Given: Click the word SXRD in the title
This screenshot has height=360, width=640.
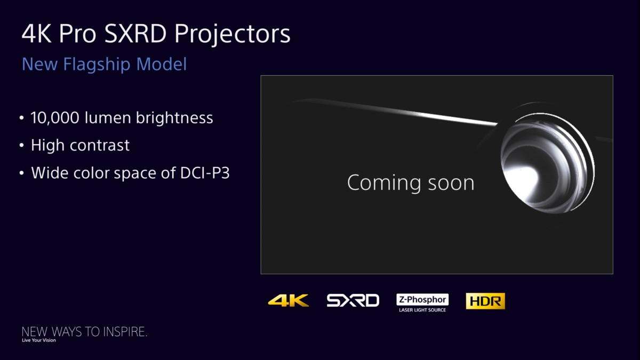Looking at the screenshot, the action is coord(135,34).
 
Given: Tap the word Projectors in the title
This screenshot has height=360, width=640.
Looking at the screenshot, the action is coord(233,35).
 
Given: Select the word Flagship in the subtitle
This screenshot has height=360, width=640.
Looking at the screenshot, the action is coord(97,65).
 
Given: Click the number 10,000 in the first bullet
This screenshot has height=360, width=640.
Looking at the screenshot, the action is coord(55,118).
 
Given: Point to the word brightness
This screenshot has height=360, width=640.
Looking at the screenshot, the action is coord(174,117).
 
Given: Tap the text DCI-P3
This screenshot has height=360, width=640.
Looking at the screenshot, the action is coord(205,173).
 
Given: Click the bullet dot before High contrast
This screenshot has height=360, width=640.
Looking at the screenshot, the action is coord(22,146).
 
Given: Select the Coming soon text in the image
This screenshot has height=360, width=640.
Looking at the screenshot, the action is coord(411,183).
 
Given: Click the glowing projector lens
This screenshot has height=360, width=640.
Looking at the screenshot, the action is coord(547,163).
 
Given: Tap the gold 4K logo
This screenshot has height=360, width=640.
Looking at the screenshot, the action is coord(289,301).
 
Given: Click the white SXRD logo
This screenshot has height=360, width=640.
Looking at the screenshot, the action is coord(353,301).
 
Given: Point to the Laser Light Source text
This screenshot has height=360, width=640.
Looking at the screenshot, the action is coord(422,310).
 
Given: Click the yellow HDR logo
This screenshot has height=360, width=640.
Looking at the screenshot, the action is coord(485,301).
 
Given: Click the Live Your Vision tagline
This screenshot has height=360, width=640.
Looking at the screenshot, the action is coord(39,340).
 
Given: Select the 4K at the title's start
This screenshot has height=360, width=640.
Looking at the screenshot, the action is coord(36,34).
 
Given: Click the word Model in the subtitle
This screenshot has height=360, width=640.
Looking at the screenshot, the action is coord(162,64).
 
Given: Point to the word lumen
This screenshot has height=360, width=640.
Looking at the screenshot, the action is coord(108,118).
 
